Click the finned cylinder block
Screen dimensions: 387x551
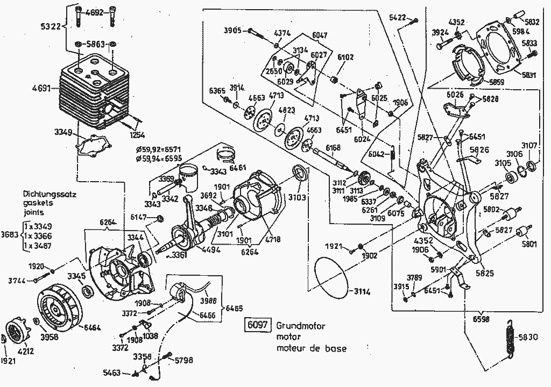point(95,91)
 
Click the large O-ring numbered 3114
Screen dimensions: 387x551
point(330,277)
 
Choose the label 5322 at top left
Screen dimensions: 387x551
point(51,25)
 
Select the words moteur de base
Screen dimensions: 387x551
point(312,348)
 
